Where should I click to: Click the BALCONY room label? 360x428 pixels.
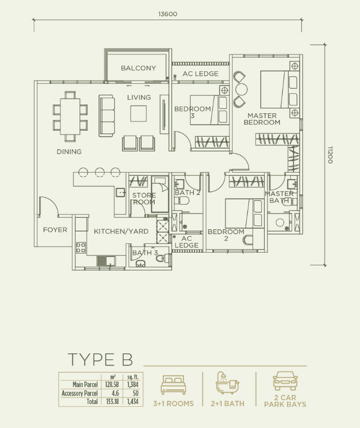click(x=138, y=68)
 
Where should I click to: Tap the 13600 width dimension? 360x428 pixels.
click(x=168, y=14)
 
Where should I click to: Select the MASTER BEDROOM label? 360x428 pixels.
click(x=262, y=119)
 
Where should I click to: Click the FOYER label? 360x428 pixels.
click(x=55, y=230)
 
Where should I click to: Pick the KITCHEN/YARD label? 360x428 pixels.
click(x=121, y=231)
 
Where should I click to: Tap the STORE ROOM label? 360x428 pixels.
click(x=144, y=199)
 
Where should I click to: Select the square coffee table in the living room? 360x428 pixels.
click(x=138, y=113)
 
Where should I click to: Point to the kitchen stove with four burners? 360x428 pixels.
click(x=81, y=248)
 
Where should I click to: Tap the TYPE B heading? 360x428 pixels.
click(x=100, y=360)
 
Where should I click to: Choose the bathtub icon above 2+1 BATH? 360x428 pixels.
click(x=227, y=383)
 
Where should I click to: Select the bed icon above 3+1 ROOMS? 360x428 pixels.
click(x=173, y=385)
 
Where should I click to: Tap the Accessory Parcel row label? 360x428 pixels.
click(x=80, y=393)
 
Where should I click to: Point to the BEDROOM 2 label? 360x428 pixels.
click(x=225, y=235)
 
